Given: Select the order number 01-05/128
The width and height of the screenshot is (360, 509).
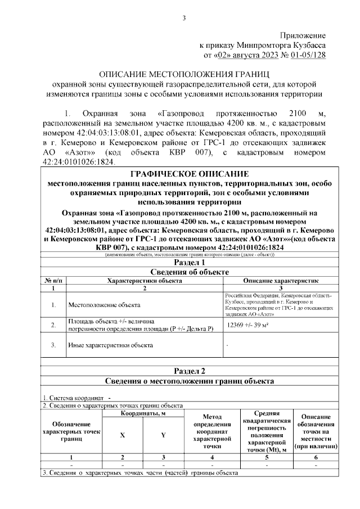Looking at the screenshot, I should point(304,55).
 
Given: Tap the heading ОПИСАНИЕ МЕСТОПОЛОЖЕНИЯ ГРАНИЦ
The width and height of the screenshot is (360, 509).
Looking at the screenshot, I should point(184,74).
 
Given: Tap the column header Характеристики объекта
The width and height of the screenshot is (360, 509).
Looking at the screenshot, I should point(144,280).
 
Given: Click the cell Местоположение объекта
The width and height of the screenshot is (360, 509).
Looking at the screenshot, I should point(104,305).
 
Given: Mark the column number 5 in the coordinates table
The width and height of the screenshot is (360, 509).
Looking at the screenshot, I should point(267,457).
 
